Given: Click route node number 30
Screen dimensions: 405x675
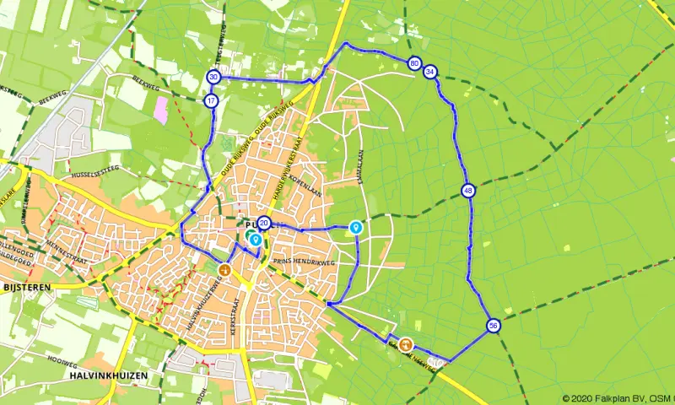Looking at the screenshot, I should click(x=213, y=77).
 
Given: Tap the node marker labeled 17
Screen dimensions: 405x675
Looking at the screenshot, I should click(x=211, y=101).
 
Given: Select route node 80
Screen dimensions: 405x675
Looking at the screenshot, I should click(x=414, y=63).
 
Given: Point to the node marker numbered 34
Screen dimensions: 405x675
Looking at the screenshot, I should click(x=430, y=72).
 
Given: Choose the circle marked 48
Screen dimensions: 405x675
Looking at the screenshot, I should click(x=468, y=192).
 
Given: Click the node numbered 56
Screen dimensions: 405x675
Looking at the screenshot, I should click(x=494, y=326).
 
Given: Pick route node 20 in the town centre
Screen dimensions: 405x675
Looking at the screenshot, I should click(x=264, y=224).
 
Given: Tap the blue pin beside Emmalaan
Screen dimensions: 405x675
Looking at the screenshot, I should click(x=355, y=228).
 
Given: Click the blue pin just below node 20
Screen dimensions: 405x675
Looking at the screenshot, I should click(x=255, y=240).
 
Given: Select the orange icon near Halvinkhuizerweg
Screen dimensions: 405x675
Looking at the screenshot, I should click(x=224, y=270).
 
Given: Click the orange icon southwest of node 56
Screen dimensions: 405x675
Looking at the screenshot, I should click(x=406, y=344).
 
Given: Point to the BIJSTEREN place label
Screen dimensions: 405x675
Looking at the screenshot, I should click(x=27, y=287).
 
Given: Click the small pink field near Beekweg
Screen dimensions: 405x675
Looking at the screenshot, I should click(x=160, y=110).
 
